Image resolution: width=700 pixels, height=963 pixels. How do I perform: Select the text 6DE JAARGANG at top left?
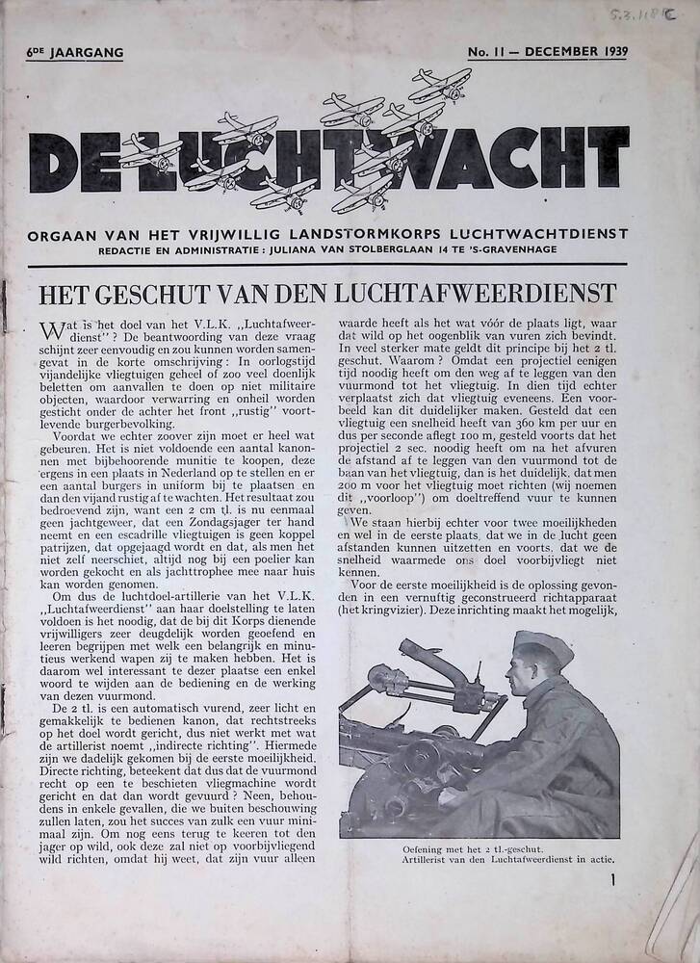pos(75,52)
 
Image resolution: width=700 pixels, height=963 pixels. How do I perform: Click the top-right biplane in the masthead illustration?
pos(441,85)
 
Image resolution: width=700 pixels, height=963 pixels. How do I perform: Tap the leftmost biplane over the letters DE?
pos(152,151)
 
